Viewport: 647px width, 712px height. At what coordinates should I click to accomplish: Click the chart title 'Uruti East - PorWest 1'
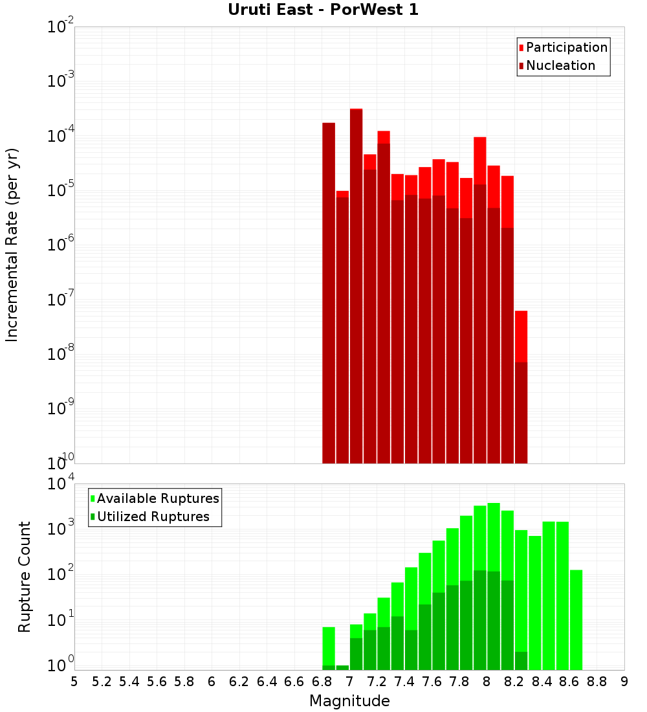(323, 10)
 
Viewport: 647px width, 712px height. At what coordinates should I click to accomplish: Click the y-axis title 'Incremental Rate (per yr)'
(12, 245)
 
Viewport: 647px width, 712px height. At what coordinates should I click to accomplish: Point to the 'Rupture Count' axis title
(25, 577)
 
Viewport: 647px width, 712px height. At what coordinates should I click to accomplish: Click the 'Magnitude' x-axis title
(349, 701)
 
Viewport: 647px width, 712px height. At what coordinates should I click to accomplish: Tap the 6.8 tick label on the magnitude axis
(322, 682)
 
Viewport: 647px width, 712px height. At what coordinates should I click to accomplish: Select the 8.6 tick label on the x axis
(569, 682)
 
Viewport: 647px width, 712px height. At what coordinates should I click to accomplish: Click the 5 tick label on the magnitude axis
(74, 682)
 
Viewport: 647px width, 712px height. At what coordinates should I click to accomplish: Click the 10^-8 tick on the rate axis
(61, 354)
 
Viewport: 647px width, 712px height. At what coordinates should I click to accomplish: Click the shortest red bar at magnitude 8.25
(521, 388)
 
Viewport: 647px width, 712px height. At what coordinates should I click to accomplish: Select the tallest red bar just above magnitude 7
(356, 285)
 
